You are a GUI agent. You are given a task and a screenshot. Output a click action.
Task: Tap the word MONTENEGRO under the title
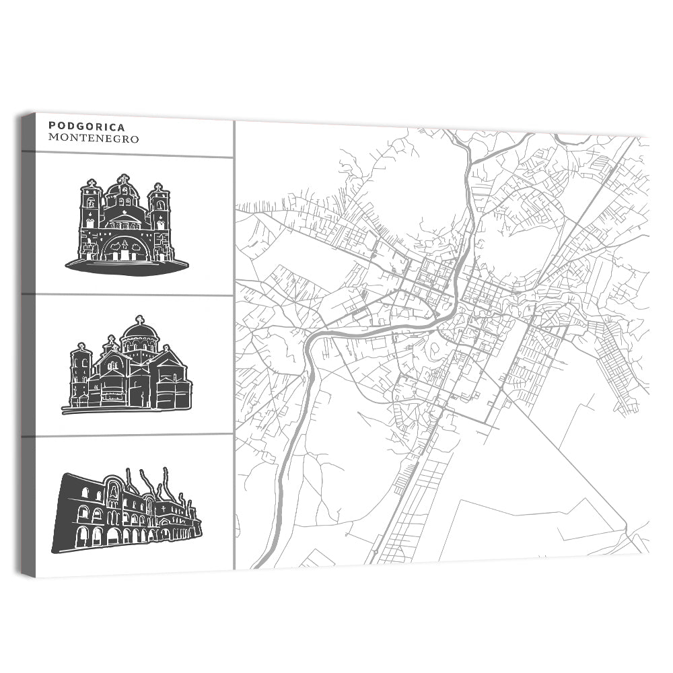point(94,139)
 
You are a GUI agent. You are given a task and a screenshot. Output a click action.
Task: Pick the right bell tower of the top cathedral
point(159,212)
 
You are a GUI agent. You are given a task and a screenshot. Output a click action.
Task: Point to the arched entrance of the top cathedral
point(125,248)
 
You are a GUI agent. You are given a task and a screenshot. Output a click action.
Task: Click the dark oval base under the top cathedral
point(127,266)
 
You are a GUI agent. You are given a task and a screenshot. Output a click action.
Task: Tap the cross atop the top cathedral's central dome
point(123,179)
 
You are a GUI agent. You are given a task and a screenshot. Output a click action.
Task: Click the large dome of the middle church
point(140,331)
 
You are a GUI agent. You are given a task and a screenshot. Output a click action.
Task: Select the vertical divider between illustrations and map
point(234,350)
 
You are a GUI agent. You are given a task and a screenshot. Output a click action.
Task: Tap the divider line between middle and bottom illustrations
point(128,435)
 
